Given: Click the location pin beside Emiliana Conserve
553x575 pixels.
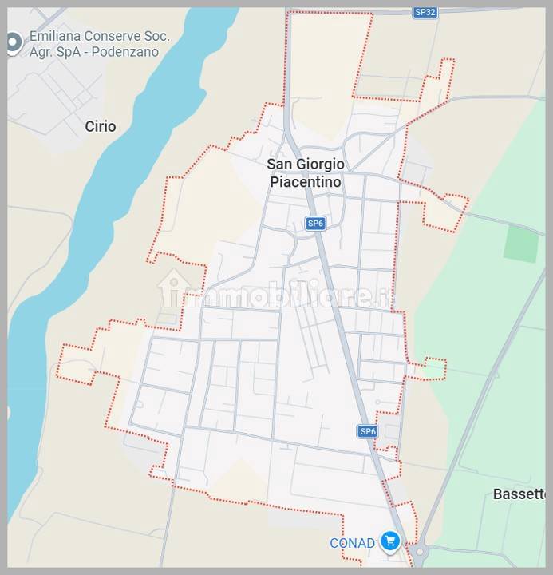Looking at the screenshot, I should coord(12,43).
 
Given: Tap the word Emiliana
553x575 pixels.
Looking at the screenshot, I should coord(56,37).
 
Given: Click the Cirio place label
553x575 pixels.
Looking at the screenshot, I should coord(101,126).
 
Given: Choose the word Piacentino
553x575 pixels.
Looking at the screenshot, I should coord(306,182).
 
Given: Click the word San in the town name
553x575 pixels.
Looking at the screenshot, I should coord(279,164).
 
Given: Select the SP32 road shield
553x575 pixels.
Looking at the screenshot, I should coord(425,12).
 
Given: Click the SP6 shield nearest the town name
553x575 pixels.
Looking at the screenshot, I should coord(315,224).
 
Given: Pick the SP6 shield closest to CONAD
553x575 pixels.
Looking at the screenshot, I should coord(366,431).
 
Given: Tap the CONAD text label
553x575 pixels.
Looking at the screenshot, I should coord(352,543).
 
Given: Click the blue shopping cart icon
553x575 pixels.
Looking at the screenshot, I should coord(389,542).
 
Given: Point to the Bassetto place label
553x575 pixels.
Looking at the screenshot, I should coord(519,494).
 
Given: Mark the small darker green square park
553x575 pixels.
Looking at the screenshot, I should coord(520,244).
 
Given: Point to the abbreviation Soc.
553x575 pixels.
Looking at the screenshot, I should coord(156,37).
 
